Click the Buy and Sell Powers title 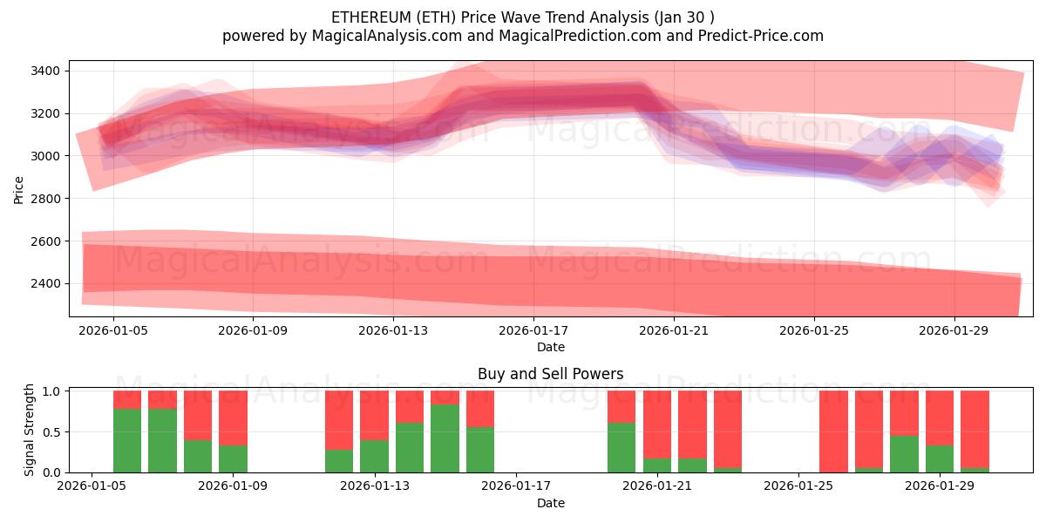(x=550, y=374)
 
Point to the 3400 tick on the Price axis (x=44, y=71)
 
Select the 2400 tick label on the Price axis (x=44, y=283)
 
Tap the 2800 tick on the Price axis (x=44, y=199)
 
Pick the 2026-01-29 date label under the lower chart (x=939, y=486)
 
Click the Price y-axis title (x=19, y=188)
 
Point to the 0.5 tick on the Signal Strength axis (x=51, y=432)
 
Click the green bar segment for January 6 (x=162, y=440)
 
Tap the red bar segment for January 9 (x=233, y=418)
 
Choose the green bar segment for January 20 (x=621, y=447)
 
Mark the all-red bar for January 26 (x=833, y=431)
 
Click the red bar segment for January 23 (x=728, y=429)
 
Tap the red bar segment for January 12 (x=339, y=419)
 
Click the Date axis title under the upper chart (x=550, y=348)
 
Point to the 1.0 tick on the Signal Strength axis (x=51, y=391)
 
